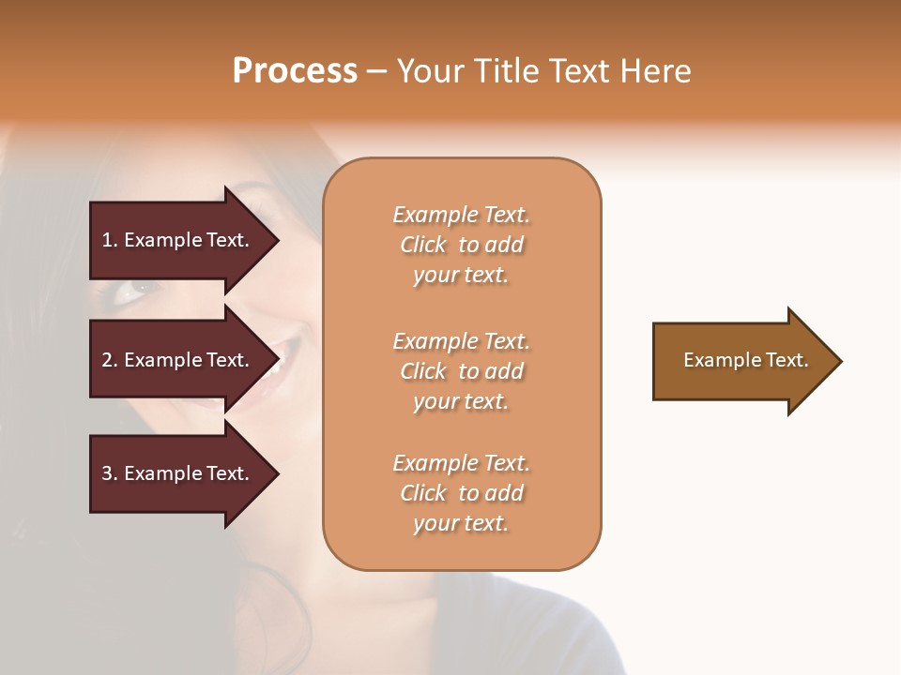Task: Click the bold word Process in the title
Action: [x=295, y=71]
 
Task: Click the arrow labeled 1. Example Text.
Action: [x=178, y=240]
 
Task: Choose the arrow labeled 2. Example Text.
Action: [x=178, y=360]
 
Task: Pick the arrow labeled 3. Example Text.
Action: [x=178, y=473]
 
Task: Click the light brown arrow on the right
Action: [x=741, y=360]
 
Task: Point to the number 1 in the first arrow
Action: [x=107, y=240]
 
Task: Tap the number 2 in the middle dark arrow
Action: [x=107, y=360]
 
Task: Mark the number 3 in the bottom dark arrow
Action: [x=107, y=473]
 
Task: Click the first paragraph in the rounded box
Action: [x=461, y=245]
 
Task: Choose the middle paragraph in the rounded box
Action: [x=461, y=371]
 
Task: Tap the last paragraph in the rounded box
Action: [x=461, y=493]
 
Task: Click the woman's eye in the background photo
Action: [x=130, y=290]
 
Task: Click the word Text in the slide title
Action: [x=578, y=71]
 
